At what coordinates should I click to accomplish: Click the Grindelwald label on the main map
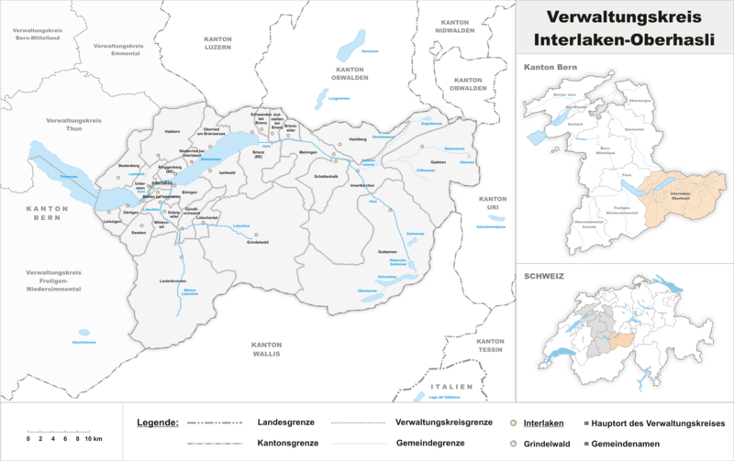(261, 242)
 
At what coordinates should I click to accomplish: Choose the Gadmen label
(438, 162)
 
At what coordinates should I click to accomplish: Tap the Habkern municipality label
(172, 130)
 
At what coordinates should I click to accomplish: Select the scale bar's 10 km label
(95, 440)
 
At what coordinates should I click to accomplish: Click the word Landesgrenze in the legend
(284, 422)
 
